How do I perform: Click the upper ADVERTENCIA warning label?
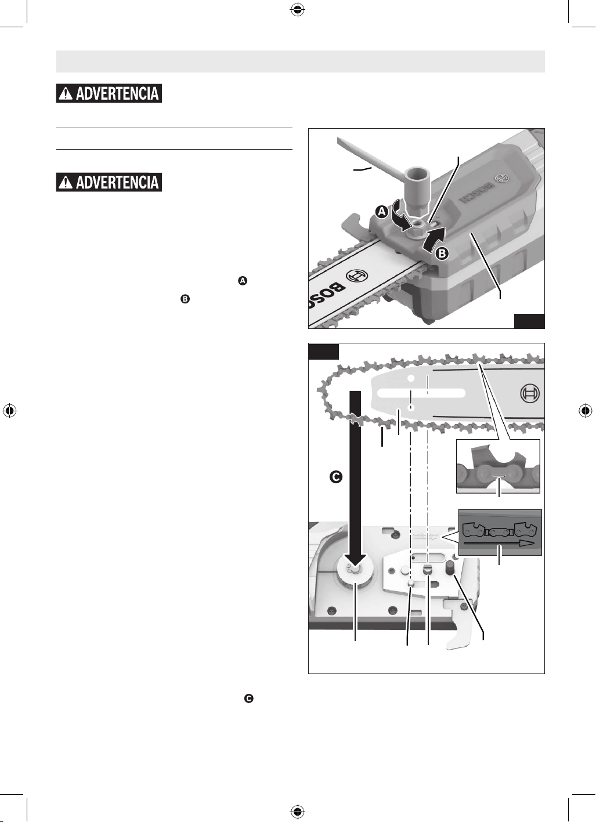point(109,93)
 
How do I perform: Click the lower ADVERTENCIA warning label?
point(109,182)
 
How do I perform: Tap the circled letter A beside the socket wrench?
point(382,212)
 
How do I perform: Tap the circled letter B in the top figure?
point(442,253)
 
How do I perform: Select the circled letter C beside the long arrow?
point(336,477)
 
